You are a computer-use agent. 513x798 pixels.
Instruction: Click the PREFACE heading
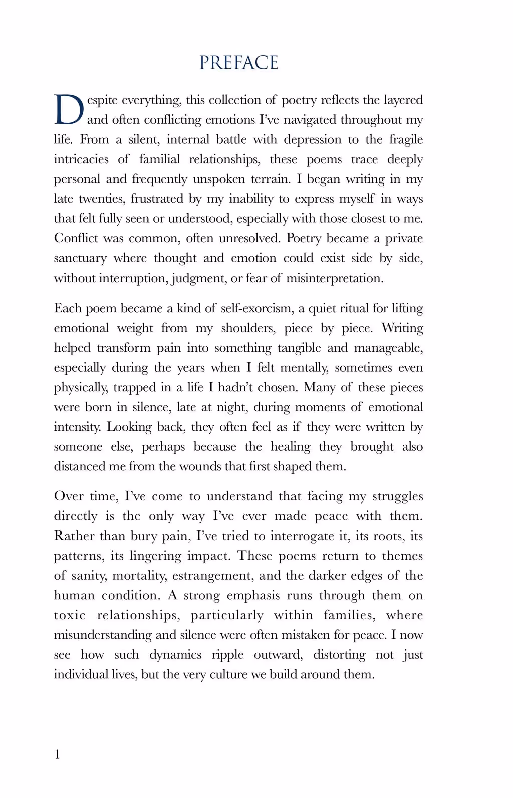point(238,63)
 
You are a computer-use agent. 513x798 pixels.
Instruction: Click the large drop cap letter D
point(69,110)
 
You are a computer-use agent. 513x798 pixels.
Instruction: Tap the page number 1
point(57,754)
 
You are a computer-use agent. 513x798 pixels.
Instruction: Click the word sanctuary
point(80,258)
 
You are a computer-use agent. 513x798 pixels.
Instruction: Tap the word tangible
point(299,348)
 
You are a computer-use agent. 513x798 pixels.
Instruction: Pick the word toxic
point(70,615)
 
